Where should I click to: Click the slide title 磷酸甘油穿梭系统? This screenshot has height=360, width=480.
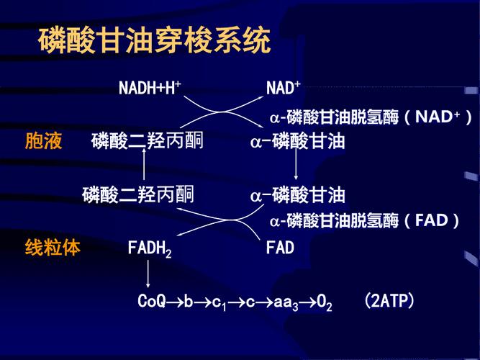154,41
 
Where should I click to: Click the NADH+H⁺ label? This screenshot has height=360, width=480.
150,89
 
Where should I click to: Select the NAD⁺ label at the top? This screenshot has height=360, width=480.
283,89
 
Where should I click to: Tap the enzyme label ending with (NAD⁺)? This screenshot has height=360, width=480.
371,117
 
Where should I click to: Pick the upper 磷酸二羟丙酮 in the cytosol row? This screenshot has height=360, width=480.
148,141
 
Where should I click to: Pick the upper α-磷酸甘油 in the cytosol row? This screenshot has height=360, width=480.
297,141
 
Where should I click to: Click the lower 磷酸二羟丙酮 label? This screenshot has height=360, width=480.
138,194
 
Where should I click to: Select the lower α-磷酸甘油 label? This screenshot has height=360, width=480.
297,194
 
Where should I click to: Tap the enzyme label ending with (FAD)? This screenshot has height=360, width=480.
365,220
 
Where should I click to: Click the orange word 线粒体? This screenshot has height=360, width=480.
53,248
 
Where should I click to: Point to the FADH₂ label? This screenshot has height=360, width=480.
150,249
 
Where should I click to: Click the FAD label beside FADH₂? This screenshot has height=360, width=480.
280,248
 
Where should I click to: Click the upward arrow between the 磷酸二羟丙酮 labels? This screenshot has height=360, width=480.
145,167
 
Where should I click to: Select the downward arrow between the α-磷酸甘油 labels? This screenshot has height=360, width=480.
296,167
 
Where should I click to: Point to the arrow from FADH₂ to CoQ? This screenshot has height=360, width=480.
148,274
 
